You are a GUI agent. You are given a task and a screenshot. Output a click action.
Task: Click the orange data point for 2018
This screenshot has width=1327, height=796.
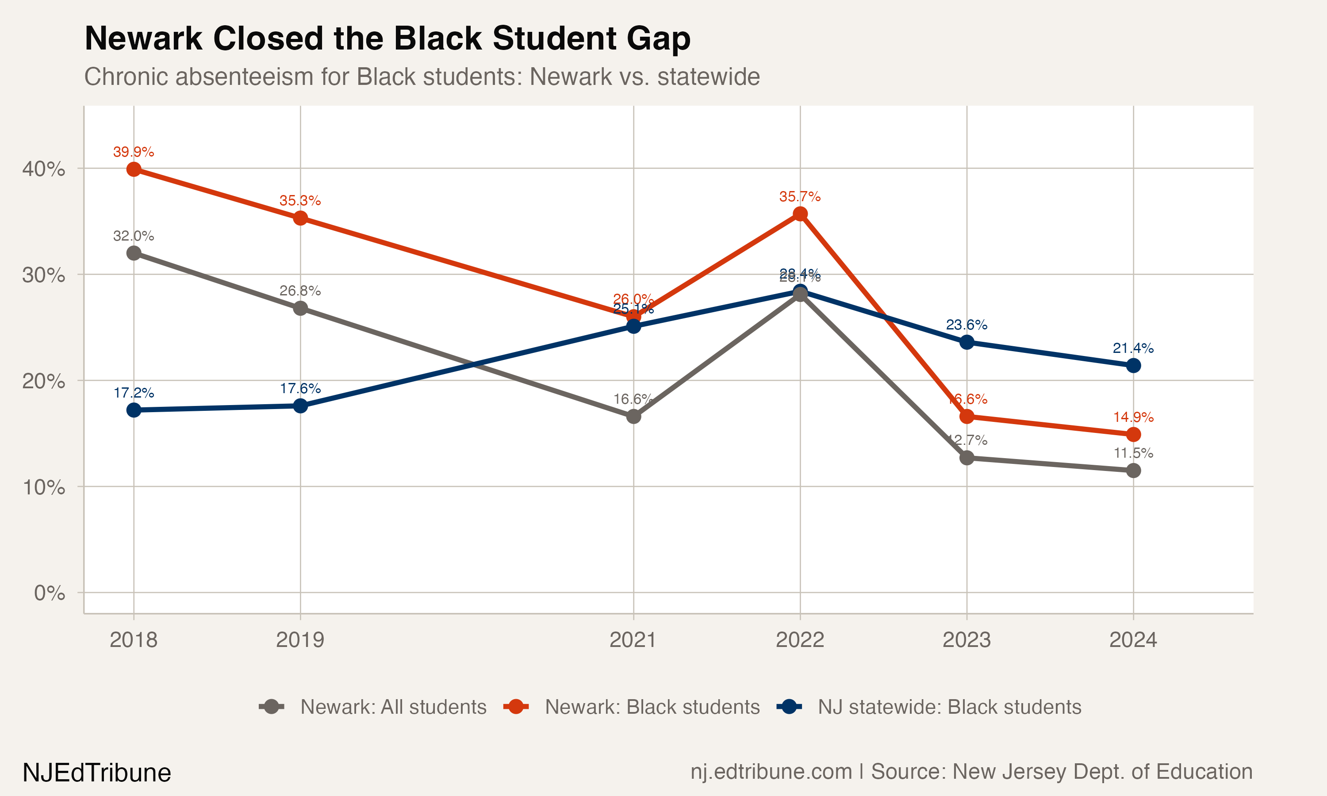coord(134,169)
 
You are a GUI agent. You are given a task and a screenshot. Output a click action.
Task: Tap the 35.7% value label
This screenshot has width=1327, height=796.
coord(800,196)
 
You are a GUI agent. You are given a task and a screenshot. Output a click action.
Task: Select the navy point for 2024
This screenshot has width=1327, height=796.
coord(1133,366)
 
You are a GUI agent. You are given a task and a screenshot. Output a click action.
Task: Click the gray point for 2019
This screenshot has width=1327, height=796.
coord(300,308)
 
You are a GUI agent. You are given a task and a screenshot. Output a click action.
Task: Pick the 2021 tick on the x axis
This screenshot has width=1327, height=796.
coord(633,640)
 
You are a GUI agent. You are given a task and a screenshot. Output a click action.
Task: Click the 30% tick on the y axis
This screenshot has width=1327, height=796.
coord(43,275)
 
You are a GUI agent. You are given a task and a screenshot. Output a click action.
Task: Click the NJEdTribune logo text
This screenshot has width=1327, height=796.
coord(96,773)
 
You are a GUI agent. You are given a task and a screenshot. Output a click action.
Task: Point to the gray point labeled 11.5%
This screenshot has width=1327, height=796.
coord(1133,471)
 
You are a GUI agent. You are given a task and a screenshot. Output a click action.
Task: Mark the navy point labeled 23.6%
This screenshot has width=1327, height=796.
coord(966,342)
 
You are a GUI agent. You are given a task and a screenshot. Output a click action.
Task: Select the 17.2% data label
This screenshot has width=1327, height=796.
coord(134,393)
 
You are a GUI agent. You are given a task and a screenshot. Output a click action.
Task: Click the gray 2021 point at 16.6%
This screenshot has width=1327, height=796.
coord(633,416)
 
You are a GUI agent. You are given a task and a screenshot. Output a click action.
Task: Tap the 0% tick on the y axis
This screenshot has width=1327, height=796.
coord(50,593)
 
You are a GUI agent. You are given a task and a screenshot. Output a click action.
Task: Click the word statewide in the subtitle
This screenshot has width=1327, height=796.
coord(708,77)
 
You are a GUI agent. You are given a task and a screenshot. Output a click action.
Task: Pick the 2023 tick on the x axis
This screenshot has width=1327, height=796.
coord(966,640)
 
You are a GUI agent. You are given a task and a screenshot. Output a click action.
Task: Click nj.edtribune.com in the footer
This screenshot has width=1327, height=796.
coord(771,772)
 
